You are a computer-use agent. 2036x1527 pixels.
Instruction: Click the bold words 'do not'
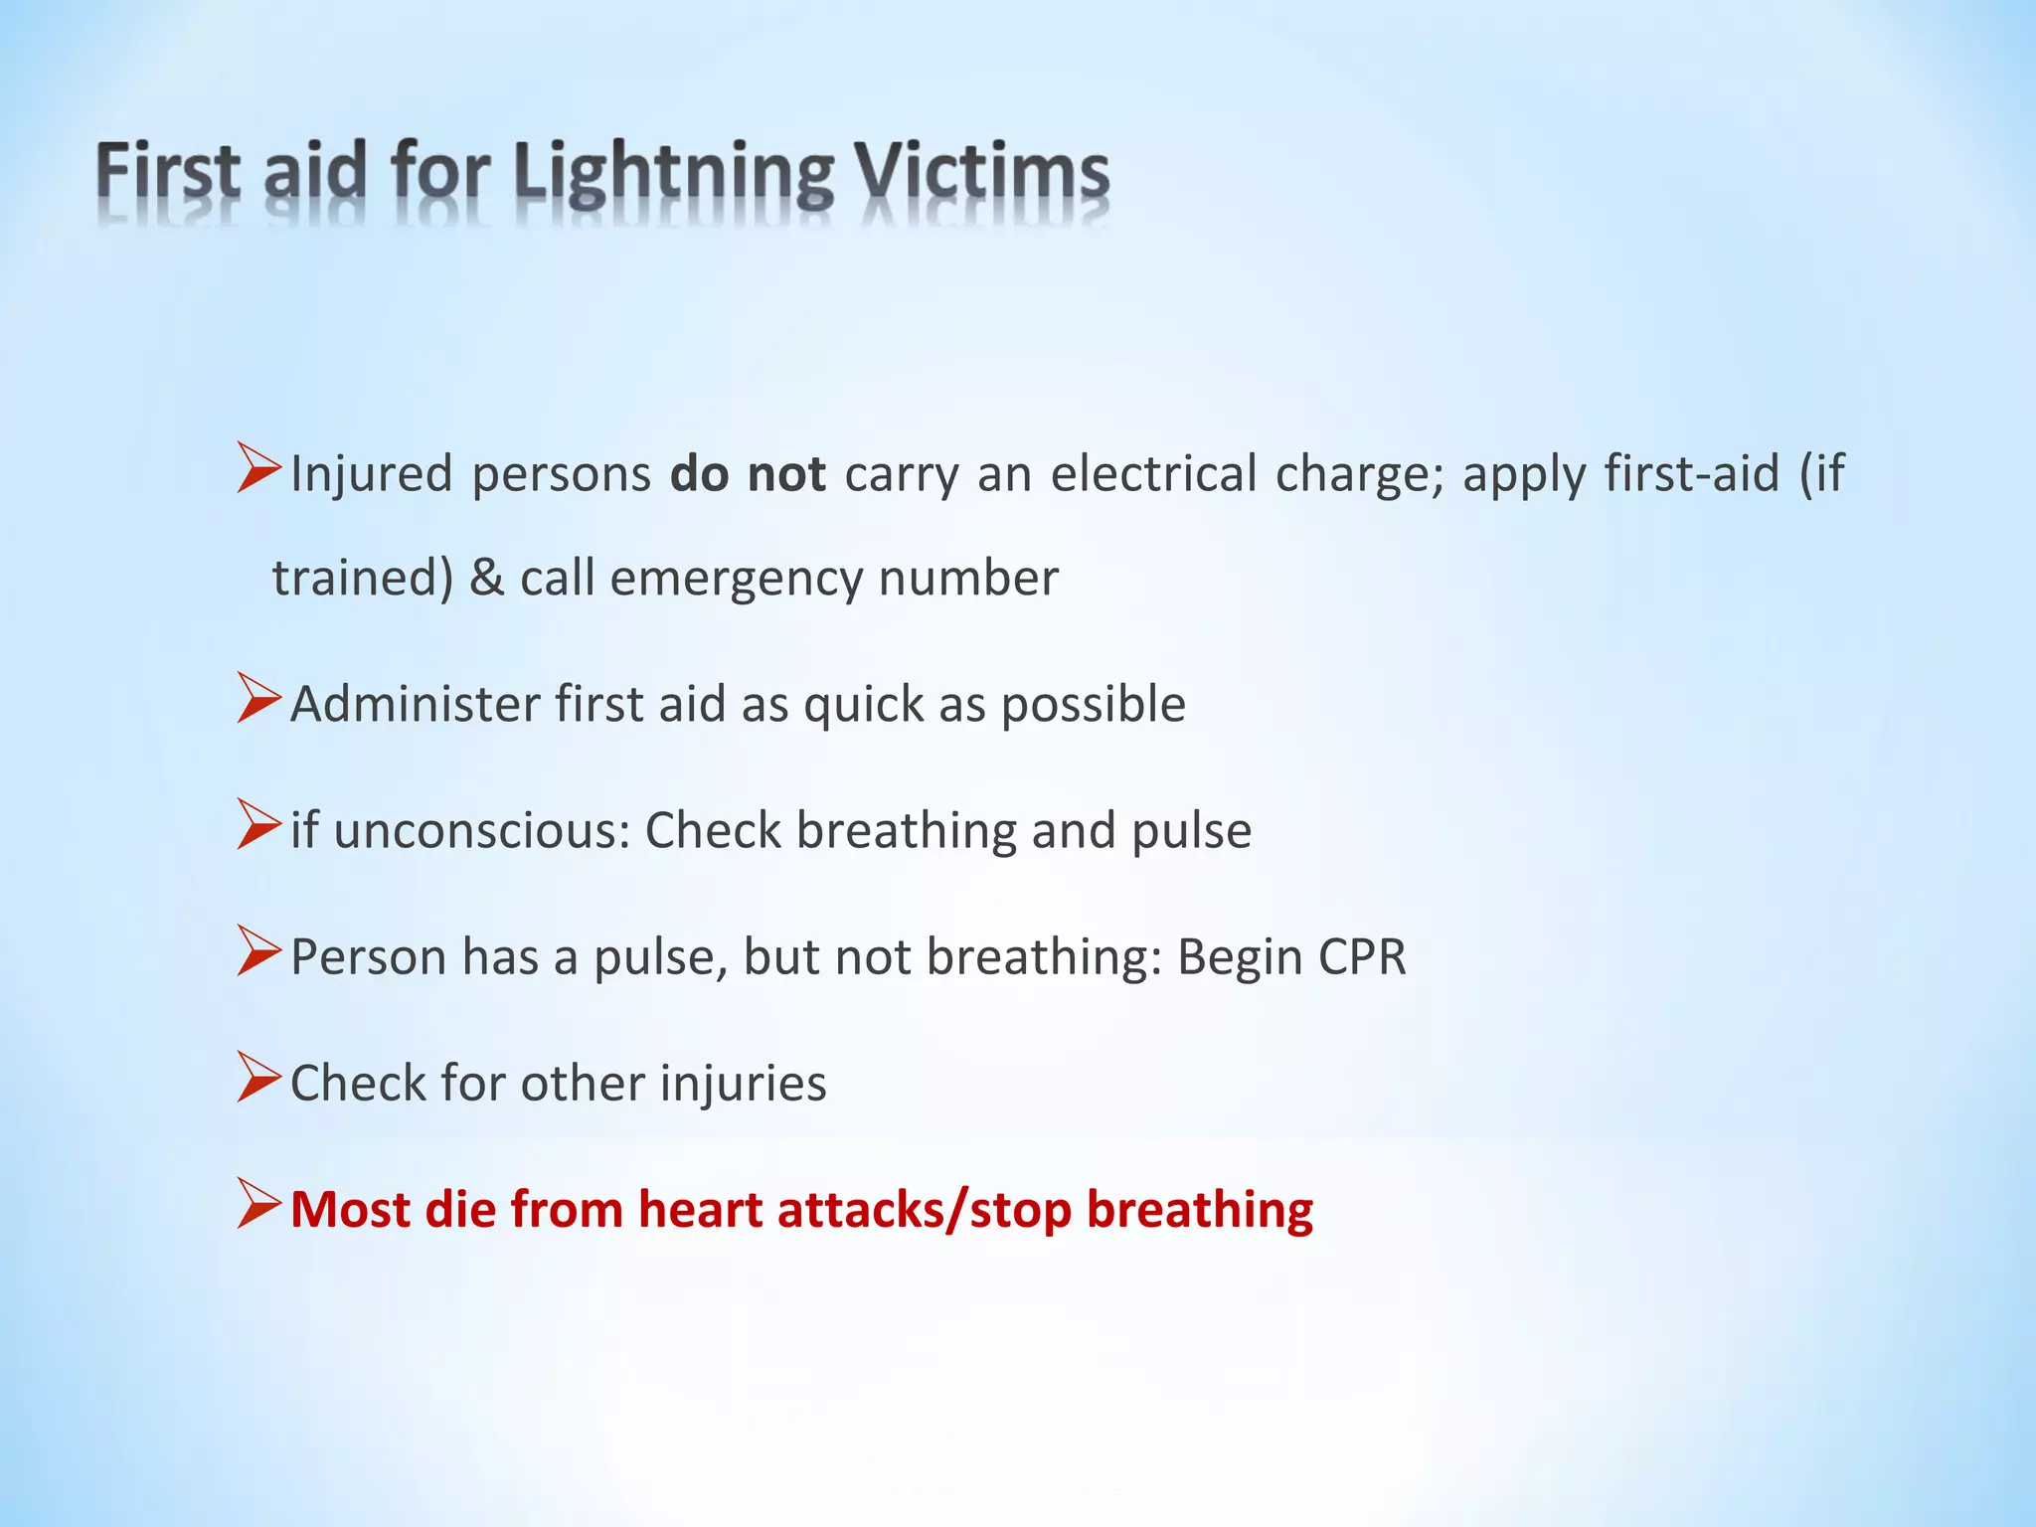click(748, 474)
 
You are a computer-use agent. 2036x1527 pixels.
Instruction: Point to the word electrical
click(1153, 474)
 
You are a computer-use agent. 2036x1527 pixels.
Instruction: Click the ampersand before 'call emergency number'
click(486, 578)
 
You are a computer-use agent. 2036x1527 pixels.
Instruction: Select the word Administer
click(415, 704)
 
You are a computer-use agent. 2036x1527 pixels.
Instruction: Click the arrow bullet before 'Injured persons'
click(258, 468)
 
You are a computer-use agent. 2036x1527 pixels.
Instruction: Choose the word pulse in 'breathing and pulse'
click(1191, 831)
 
